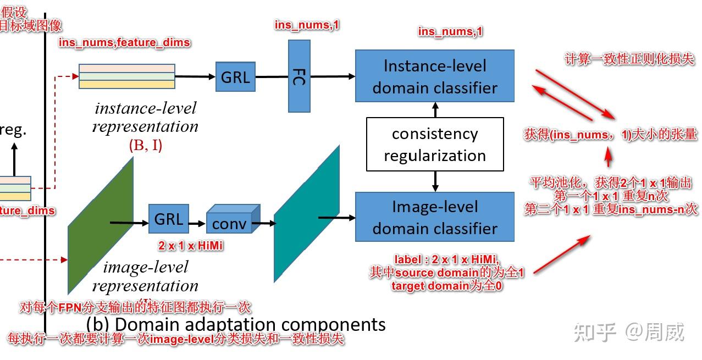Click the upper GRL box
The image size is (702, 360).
click(235, 77)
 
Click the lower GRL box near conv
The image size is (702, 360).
click(168, 219)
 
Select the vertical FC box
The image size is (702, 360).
click(300, 76)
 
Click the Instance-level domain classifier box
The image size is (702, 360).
click(434, 76)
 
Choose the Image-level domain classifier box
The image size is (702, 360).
click(434, 217)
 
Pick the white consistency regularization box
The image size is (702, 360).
click(435, 144)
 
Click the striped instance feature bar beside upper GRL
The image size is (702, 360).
click(126, 76)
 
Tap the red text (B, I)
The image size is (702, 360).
click(145, 146)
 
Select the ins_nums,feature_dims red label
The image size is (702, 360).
click(124, 42)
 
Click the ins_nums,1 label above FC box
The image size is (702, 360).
click(307, 25)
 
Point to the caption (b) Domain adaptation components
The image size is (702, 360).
click(236, 324)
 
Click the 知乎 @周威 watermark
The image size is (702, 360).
click(629, 332)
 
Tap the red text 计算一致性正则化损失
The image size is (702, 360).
click(629, 59)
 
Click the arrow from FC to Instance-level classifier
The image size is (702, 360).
click(333, 76)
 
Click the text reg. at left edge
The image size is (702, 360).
click(13, 130)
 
